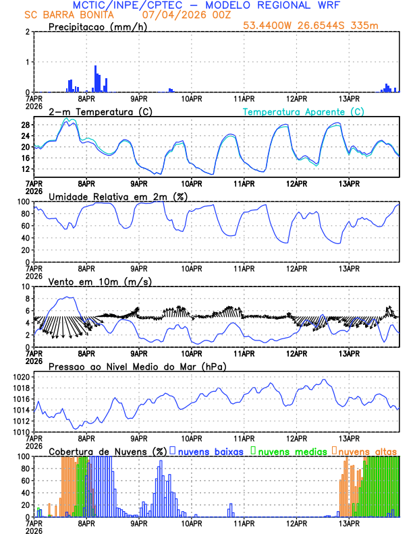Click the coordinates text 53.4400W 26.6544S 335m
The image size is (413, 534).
[x=321, y=26]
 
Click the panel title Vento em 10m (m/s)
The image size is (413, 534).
[x=100, y=281]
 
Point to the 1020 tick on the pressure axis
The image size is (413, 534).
[x=21, y=377]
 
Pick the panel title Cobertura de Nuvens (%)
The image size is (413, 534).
[x=107, y=451]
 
